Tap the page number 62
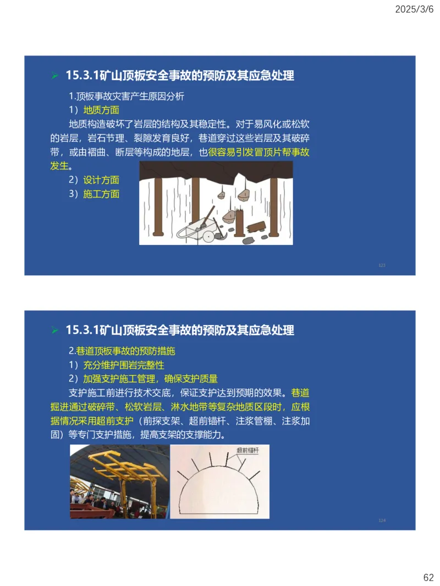point(428,577)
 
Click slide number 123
point(382,265)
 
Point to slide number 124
point(382,520)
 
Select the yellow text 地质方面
point(101,110)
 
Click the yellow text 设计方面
point(101,180)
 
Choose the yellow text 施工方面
point(101,193)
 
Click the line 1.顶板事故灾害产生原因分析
point(126,96)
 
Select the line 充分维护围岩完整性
point(123,365)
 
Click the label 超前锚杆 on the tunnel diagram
point(247,450)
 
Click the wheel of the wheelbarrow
point(208,236)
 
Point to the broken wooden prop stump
point(255,227)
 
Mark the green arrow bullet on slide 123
point(54,75)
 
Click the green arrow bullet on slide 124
point(54,330)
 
